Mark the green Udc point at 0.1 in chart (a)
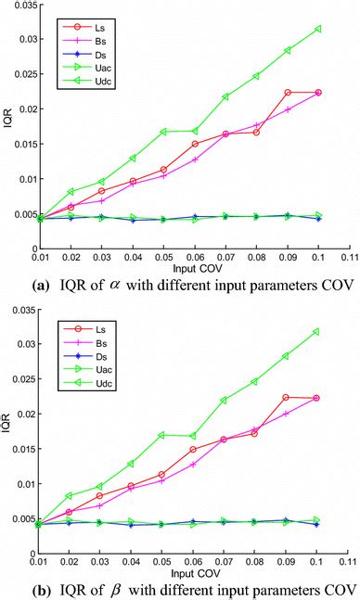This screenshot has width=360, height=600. pos(318,29)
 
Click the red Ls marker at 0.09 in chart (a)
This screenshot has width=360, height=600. pos(288,93)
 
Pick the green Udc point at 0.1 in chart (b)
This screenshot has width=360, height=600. pos(318,331)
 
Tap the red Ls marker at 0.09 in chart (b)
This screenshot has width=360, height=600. pos(288,397)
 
